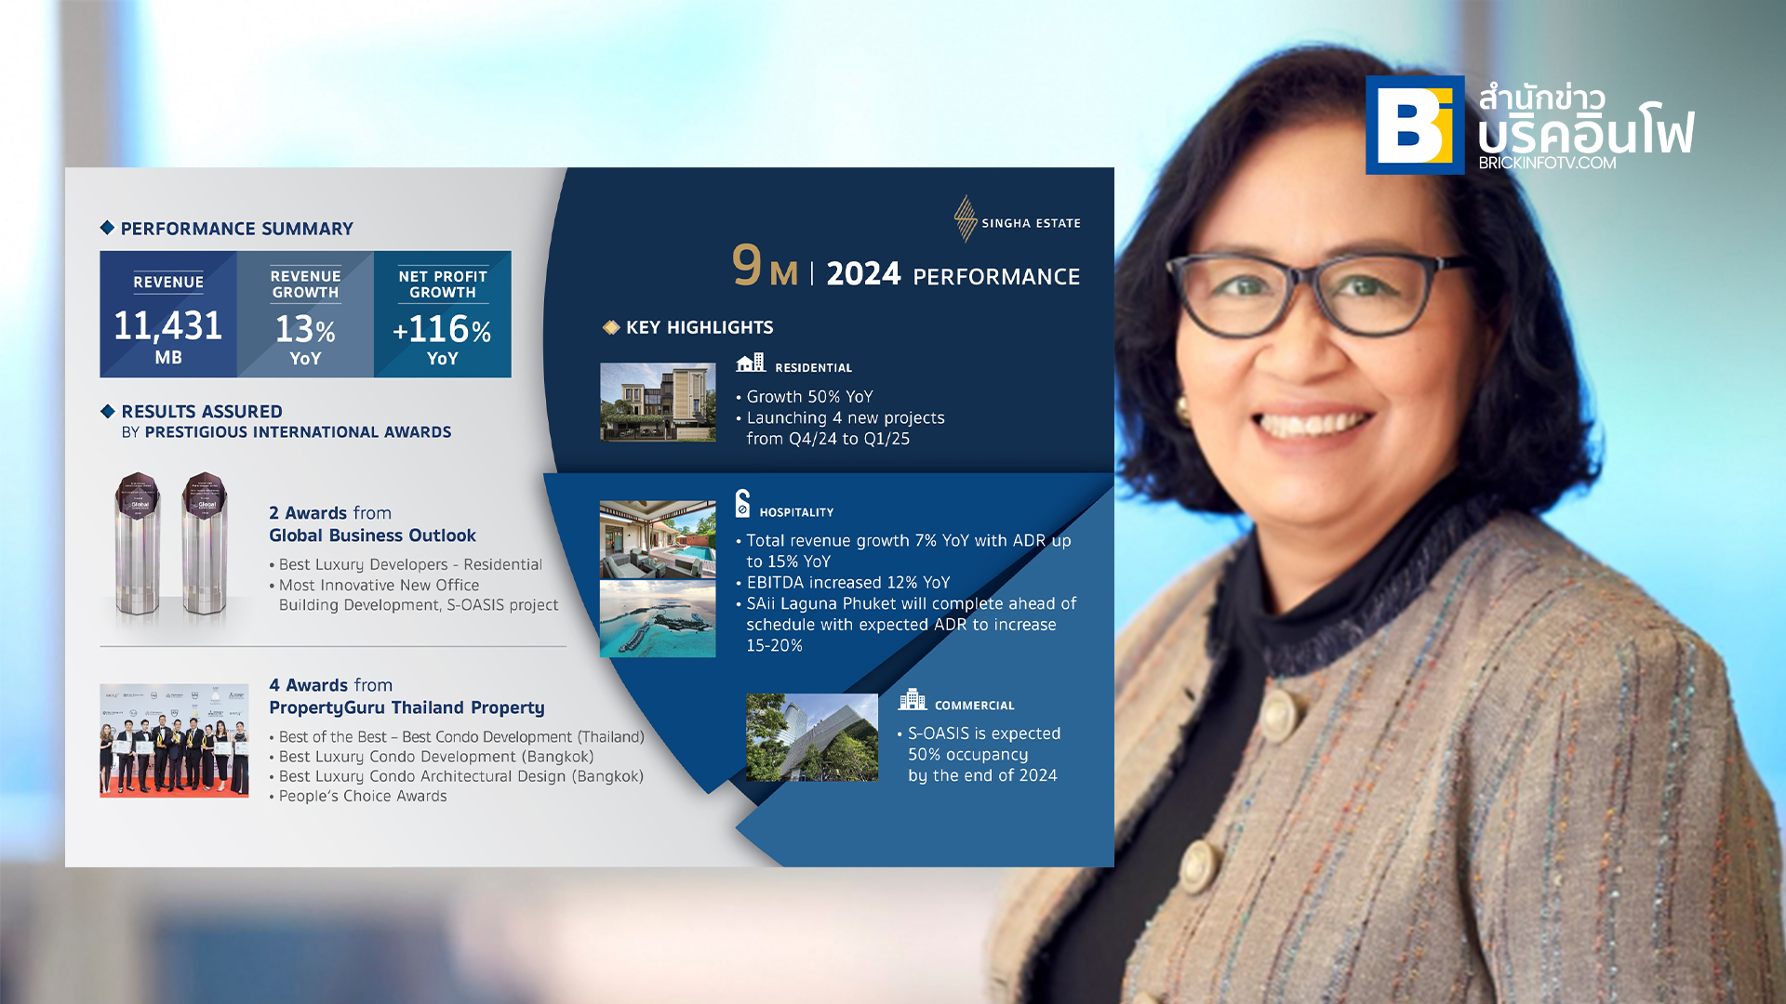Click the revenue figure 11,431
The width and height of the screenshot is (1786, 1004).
click(x=168, y=325)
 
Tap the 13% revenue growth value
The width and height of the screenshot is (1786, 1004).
click(x=305, y=329)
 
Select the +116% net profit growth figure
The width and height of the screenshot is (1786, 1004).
click(x=442, y=329)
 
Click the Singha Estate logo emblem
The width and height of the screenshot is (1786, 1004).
click(x=966, y=218)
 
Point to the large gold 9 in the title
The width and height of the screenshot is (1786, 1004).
click(x=747, y=264)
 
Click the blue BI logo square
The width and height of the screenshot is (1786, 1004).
click(x=1415, y=125)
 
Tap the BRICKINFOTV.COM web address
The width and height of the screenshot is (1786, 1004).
click(x=1547, y=163)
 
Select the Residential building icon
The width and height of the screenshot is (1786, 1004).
click(x=751, y=363)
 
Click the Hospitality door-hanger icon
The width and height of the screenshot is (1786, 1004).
click(x=742, y=503)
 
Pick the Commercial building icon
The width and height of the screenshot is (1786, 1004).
click(x=913, y=699)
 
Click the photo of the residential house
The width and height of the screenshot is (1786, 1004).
click(x=658, y=402)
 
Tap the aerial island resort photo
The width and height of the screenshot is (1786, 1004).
click(x=658, y=619)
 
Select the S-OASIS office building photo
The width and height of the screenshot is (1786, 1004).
click(x=812, y=737)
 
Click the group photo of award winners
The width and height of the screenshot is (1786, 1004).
click(x=174, y=741)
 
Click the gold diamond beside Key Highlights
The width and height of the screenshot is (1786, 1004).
click(x=611, y=327)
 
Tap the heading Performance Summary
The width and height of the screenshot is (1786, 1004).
click(x=237, y=229)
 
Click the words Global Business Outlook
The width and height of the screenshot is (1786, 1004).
click(x=372, y=535)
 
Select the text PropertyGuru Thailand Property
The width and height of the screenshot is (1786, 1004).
click(x=407, y=707)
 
